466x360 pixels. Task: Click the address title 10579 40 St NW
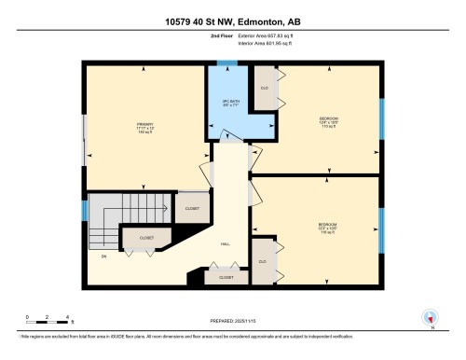pyautogui.click(x=232, y=19)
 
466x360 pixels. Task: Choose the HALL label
pyautogui.click(x=226, y=244)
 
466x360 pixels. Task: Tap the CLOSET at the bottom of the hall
pyautogui.click(x=226, y=277)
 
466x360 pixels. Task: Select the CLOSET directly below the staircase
pyautogui.click(x=146, y=239)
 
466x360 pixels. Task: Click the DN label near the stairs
pyautogui.click(x=104, y=256)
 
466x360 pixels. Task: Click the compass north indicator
pyautogui.click(x=430, y=317)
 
